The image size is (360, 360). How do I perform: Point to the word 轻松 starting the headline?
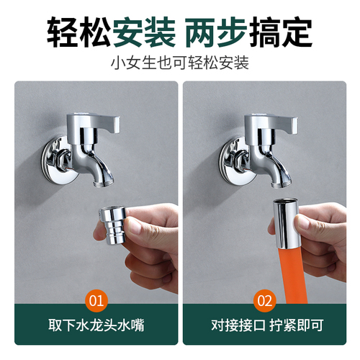click(x=77, y=31)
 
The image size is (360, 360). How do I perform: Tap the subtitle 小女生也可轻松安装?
click(x=179, y=63)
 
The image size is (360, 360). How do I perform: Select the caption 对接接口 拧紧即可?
click(x=265, y=326)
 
